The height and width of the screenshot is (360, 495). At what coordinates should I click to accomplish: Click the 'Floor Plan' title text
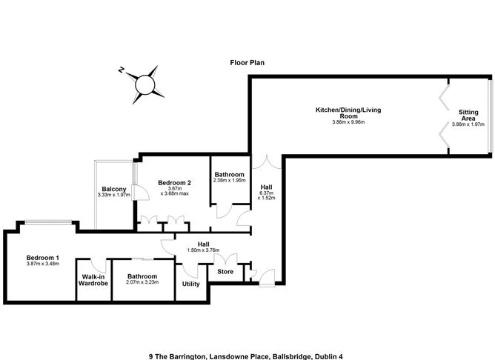pyautogui.click(x=247, y=63)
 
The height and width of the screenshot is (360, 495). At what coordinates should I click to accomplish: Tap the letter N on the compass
pyautogui.click(x=120, y=70)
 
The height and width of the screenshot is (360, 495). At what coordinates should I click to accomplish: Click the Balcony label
pyautogui.click(x=114, y=190)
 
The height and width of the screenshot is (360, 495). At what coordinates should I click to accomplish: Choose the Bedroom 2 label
pyautogui.click(x=175, y=182)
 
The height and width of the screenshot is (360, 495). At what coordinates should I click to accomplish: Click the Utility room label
pyautogui.click(x=190, y=284)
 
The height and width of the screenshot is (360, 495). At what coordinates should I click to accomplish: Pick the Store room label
pyautogui.click(x=225, y=272)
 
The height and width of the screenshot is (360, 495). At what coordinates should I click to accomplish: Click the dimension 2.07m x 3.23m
pyautogui.click(x=143, y=282)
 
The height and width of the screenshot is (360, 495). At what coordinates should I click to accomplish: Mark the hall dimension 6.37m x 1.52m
pyautogui.click(x=267, y=197)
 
